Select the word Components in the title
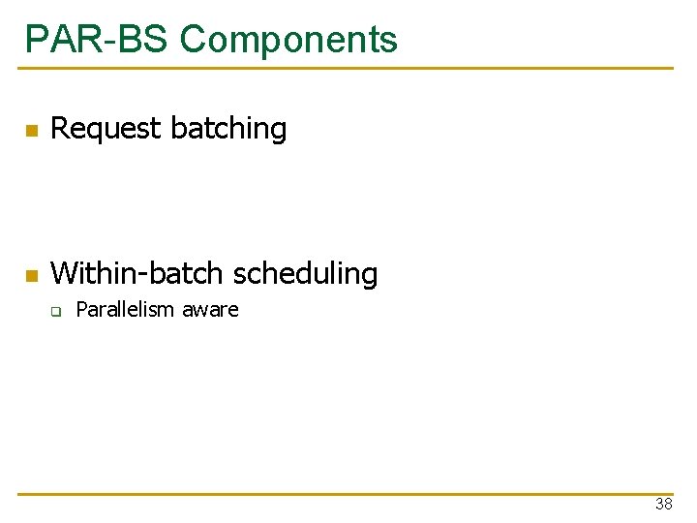pyautogui.click(x=288, y=40)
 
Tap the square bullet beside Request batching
pyautogui.click(x=31, y=131)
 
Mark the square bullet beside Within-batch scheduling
pyautogui.click(x=31, y=276)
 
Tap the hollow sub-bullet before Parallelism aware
pyautogui.click(x=57, y=312)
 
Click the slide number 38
pyautogui.click(x=663, y=505)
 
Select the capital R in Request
pyautogui.click(x=59, y=129)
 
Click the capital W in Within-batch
pyautogui.click(x=62, y=274)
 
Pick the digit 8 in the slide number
pyautogui.click(x=668, y=505)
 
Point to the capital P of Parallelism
pyautogui.click(x=81, y=310)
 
